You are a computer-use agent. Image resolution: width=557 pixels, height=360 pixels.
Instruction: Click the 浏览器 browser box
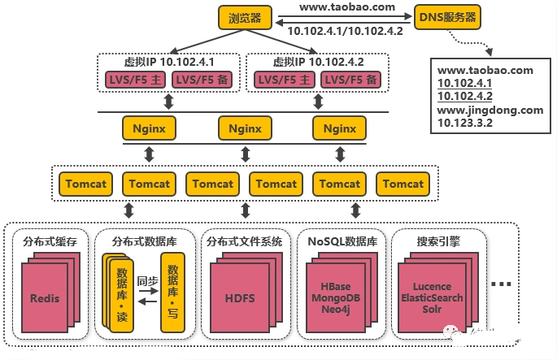pos(245,17)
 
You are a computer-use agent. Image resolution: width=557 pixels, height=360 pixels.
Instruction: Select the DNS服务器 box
pos(447,17)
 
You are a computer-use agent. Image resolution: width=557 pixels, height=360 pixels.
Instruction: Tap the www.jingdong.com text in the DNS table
pos(490,110)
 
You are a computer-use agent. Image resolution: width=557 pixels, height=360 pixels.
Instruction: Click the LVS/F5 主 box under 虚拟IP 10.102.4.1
pos(135,80)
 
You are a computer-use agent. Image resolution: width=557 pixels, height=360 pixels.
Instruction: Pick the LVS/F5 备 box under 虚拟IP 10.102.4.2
pos(351,80)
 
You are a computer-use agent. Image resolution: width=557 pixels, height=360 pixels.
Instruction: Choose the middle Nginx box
pos(245,128)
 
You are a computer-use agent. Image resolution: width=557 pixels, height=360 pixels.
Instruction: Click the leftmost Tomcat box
pos(85,184)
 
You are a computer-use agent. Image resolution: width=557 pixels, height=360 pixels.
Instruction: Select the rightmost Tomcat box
pos(403,184)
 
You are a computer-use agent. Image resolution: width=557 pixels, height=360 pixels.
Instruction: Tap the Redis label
pos(45,298)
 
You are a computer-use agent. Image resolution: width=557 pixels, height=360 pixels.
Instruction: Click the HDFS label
pos(240,298)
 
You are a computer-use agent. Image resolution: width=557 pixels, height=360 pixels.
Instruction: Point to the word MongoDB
pos(336,298)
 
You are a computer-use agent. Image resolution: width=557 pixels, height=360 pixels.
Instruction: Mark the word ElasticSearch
pos(432,298)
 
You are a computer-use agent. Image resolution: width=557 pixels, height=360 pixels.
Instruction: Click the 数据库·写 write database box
pos(173,293)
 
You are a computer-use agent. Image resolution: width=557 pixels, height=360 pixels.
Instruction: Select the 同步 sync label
pos(148,281)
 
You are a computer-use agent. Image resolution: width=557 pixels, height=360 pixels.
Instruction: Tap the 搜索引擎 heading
pos(438,241)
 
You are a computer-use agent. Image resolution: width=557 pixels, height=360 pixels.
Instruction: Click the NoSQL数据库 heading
pos(342,241)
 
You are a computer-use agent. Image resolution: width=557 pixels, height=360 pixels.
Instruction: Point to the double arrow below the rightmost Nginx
pos(341,154)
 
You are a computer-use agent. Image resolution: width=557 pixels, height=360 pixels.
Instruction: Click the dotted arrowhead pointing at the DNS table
pos(489,51)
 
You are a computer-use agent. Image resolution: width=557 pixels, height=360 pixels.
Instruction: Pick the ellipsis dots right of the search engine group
pos(501,284)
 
